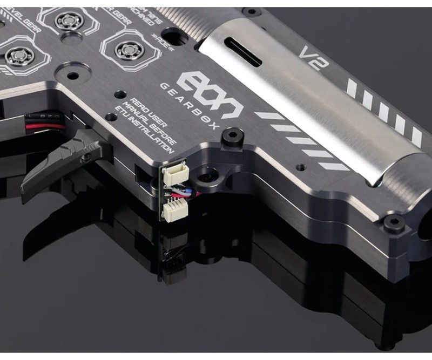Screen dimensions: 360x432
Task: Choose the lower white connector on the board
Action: (172, 208)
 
